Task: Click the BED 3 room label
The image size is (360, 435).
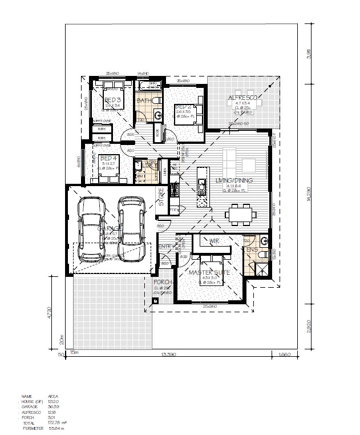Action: click(x=111, y=100)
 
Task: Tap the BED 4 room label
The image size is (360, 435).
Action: click(x=107, y=158)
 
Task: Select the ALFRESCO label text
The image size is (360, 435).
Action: click(x=244, y=98)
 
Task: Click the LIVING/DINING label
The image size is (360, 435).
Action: click(x=234, y=181)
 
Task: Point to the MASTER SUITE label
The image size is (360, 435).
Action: click(x=209, y=273)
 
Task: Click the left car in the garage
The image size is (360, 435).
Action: click(x=91, y=230)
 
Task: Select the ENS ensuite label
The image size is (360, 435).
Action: click(x=252, y=249)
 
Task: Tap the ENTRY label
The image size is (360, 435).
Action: click(x=165, y=246)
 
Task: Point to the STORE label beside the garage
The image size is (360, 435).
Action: click(x=161, y=196)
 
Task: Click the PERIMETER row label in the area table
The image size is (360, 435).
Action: click(x=33, y=428)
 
